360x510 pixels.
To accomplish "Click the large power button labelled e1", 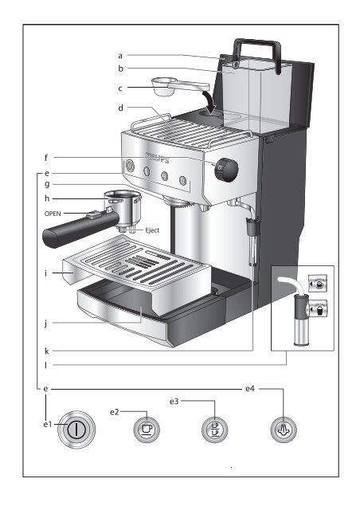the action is click(76, 430).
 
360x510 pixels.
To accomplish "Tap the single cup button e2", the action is click(147, 430).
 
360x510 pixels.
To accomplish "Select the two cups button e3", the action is click(214, 430).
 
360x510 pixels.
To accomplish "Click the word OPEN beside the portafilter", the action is click(53, 214).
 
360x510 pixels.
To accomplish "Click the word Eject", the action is click(152, 230).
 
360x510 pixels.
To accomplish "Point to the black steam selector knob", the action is click(226, 170).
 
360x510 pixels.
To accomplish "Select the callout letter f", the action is click(46, 158).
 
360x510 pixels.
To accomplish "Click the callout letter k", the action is click(47, 351).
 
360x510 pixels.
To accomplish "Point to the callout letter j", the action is click(46, 324).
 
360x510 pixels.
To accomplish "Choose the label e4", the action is click(250, 389).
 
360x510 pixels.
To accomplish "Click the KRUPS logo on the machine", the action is click(158, 157).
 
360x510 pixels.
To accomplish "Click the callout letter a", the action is click(120, 56).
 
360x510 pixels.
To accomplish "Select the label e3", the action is click(174, 402).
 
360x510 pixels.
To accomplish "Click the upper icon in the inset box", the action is click(318, 284).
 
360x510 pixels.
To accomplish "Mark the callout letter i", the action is click(46, 273).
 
